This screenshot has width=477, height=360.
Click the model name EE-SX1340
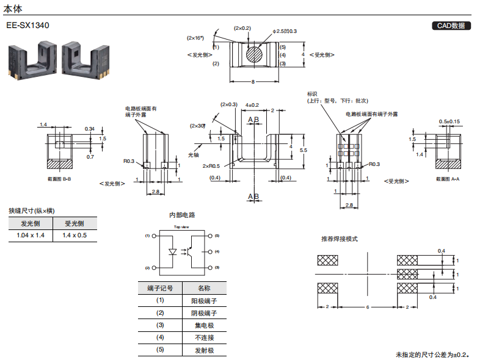pyautogui.click(x=27, y=26)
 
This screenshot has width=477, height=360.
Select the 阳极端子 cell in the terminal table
pyautogui.click(x=205, y=301)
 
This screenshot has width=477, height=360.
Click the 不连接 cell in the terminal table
pyautogui.click(x=205, y=337)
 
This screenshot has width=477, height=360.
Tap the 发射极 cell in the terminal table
pyautogui.click(x=205, y=350)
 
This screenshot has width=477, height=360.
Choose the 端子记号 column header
pyautogui.click(x=160, y=288)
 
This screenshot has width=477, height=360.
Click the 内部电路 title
pyautogui.click(x=182, y=215)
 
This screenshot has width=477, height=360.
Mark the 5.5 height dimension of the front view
pyautogui.click(x=304, y=149)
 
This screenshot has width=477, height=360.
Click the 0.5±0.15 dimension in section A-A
pyautogui.click(x=449, y=121)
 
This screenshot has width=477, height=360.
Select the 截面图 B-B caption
pyautogui.click(x=59, y=179)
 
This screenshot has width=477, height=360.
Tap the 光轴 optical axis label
pyautogui.click(x=194, y=154)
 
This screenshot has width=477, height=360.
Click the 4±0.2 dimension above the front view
pyautogui.click(x=252, y=105)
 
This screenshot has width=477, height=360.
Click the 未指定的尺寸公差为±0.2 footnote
pyautogui.click(x=433, y=355)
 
